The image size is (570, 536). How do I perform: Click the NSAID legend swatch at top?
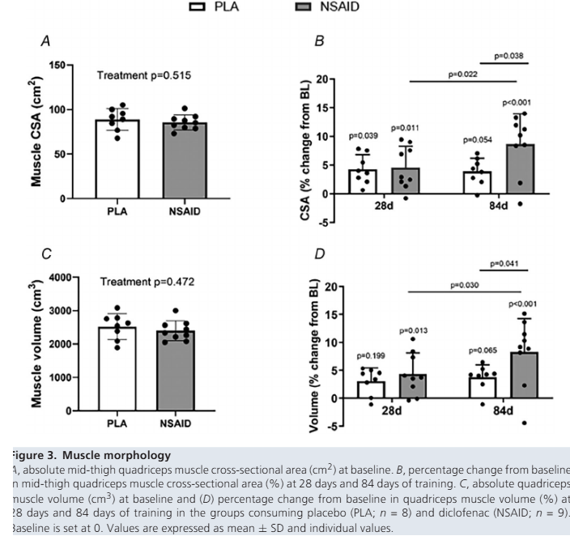click(305, 7)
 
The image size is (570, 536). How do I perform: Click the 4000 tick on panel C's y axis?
click(57, 278)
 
